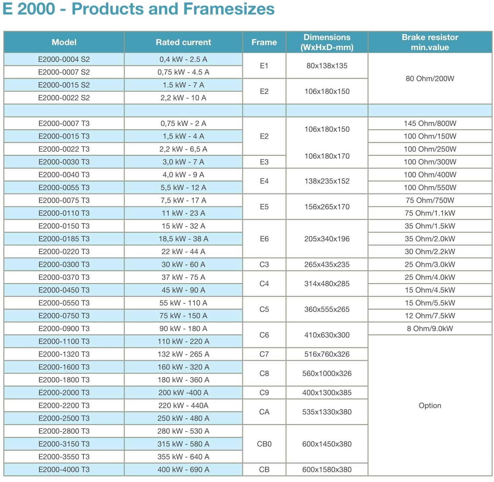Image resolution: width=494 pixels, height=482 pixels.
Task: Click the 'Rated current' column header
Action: [183, 42]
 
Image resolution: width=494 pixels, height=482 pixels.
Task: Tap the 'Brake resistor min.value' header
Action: [430, 42]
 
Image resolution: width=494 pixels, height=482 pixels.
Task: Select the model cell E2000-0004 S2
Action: [64, 60]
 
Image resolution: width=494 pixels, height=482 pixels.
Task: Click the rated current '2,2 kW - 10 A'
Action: [183, 98]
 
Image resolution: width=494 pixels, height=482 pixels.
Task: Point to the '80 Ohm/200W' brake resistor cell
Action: [430, 79]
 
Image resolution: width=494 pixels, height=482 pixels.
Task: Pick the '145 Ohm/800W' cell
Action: [430, 124]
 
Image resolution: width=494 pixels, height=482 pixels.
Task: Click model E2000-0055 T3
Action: [64, 187]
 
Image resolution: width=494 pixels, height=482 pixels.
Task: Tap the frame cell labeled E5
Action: [264, 207]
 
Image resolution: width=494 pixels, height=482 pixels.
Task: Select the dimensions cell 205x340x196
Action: [327, 239]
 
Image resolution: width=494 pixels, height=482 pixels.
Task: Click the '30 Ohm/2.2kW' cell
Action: [430, 252]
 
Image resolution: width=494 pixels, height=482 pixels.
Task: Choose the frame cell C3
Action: [264, 265]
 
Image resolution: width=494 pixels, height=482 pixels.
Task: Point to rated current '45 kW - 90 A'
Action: [183, 290]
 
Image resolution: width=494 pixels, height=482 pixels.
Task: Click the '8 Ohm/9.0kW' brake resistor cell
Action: [430, 329]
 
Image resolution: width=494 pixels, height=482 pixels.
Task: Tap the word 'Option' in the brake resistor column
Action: [430, 406]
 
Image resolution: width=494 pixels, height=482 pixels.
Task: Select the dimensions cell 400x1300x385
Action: [327, 393]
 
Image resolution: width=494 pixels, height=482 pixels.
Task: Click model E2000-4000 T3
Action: [64, 470]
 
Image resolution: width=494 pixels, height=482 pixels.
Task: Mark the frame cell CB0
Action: [264, 444]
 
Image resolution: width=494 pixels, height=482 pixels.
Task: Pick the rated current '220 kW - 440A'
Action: [183, 406]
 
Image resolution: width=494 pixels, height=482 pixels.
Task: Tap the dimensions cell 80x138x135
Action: [327, 66]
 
